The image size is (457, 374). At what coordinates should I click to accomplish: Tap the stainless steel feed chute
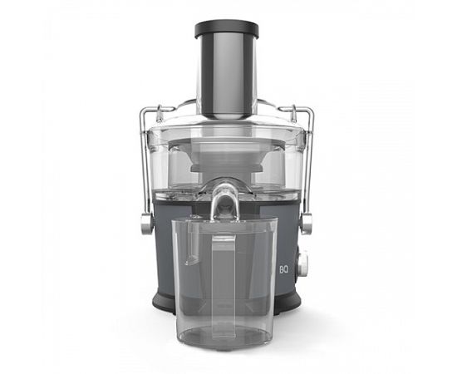pos(227,77)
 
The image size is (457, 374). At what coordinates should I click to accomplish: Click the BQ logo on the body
pos(283,270)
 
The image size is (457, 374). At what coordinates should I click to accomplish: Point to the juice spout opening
pos(224,204)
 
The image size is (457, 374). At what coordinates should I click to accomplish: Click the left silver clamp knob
pos(146,224)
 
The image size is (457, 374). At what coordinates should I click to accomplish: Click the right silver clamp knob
pos(307,224)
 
